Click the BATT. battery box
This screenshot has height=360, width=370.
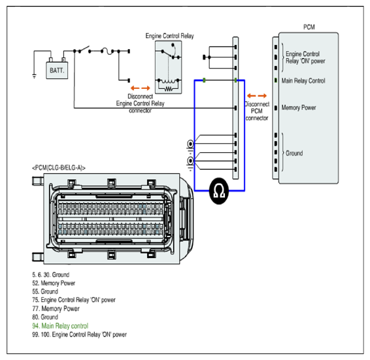pos(57,71)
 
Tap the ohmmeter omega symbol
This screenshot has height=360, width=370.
pos(219,191)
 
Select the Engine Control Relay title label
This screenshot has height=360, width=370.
pos(170,36)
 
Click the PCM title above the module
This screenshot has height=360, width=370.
pos(309,27)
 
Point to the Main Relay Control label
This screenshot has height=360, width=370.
pos(303,81)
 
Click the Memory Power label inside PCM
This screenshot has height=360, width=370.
pos(299,108)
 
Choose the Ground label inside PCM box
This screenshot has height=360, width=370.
pos(294,154)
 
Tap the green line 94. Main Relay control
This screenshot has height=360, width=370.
pos(60,326)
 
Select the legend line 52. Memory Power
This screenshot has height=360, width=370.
pos(54,283)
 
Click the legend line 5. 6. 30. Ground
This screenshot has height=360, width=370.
pos(51,274)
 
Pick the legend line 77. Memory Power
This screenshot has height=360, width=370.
pos(56,308)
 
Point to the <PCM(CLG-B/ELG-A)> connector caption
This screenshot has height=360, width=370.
pos(59,168)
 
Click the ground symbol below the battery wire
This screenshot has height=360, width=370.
pos(34,76)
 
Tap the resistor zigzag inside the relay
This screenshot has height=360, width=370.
pos(169,89)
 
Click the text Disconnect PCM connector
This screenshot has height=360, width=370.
pos(257,111)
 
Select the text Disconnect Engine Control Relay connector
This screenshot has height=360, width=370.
pos(140,103)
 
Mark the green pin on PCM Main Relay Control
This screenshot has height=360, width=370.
pos(276,80)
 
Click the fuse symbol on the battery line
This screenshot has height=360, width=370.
pos(107,51)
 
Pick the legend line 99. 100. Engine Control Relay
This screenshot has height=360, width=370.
pos(79,335)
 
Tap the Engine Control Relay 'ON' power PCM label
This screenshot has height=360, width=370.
pos(305,57)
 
